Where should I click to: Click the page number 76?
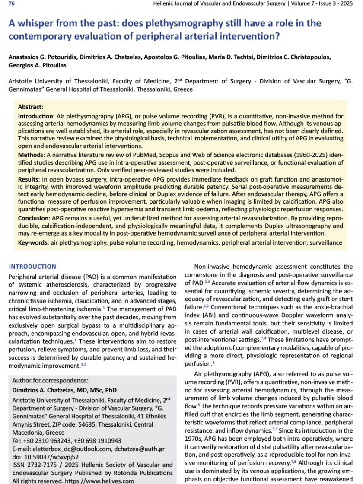click(x=12, y=4)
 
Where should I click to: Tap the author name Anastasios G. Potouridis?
click(x=44, y=57)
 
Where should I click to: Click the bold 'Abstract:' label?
click(x=31, y=106)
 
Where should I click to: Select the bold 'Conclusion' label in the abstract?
click(x=34, y=218)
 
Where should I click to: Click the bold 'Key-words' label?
click(x=33, y=243)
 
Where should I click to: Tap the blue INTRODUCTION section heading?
click(x=32, y=267)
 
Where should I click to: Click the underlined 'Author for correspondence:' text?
click(x=50, y=380)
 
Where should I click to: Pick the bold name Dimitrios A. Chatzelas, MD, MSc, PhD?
click(x=64, y=390)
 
